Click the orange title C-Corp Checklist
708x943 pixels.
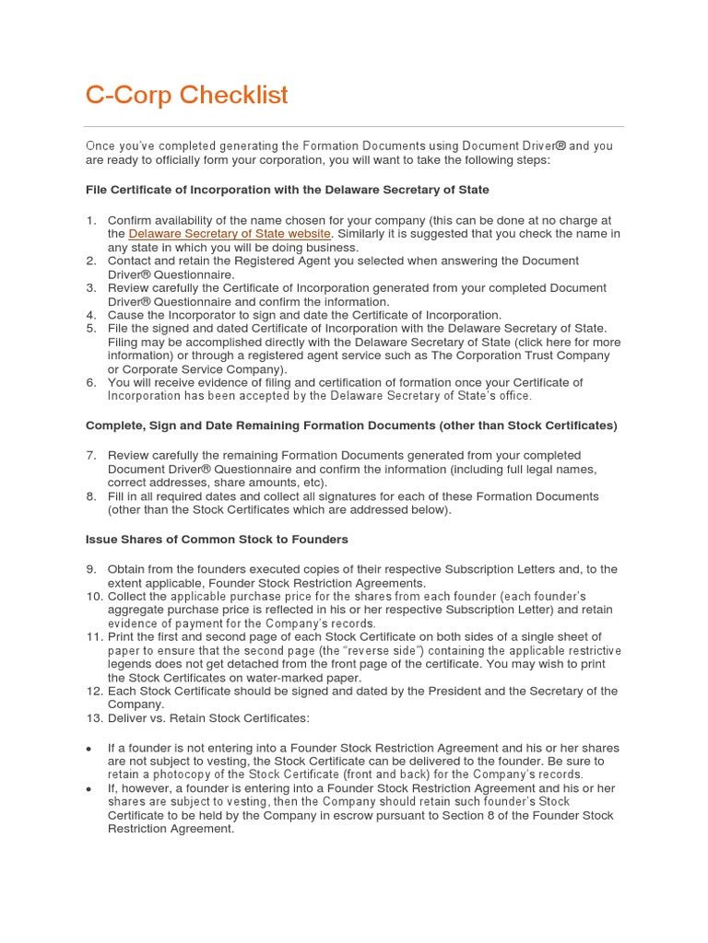click(x=186, y=95)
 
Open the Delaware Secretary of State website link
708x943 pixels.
click(x=229, y=234)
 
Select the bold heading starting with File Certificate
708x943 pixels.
click(x=287, y=190)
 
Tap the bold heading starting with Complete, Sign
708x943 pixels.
click(x=351, y=425)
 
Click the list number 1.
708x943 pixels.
click(x=90, y=220)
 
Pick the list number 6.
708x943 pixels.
click(x=90, y=382)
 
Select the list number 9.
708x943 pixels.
click(x=90, y=569)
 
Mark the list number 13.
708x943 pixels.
click(x=94, y=717)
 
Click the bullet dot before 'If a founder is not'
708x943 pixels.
click(x=89, y=749)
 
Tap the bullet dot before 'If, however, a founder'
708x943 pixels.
click(x=89, y=789)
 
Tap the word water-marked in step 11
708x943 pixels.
click(x=266, y=677)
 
